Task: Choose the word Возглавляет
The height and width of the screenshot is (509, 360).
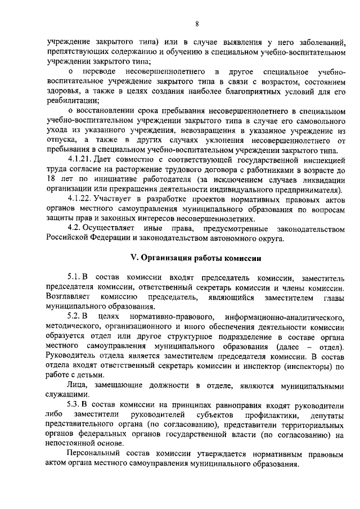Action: pos(69,298)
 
